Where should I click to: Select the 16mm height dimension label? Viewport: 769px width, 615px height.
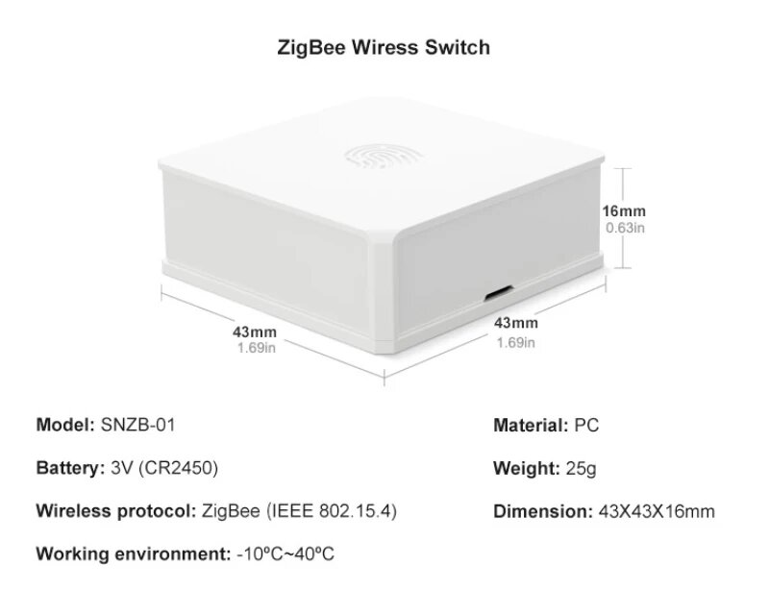click(624, 211)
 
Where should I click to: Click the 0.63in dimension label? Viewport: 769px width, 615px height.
click(624, 228)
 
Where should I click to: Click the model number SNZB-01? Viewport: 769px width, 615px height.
click(138, 424)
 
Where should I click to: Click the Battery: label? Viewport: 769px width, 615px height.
click(69, 468)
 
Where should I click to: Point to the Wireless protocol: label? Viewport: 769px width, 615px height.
click(116, 510)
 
